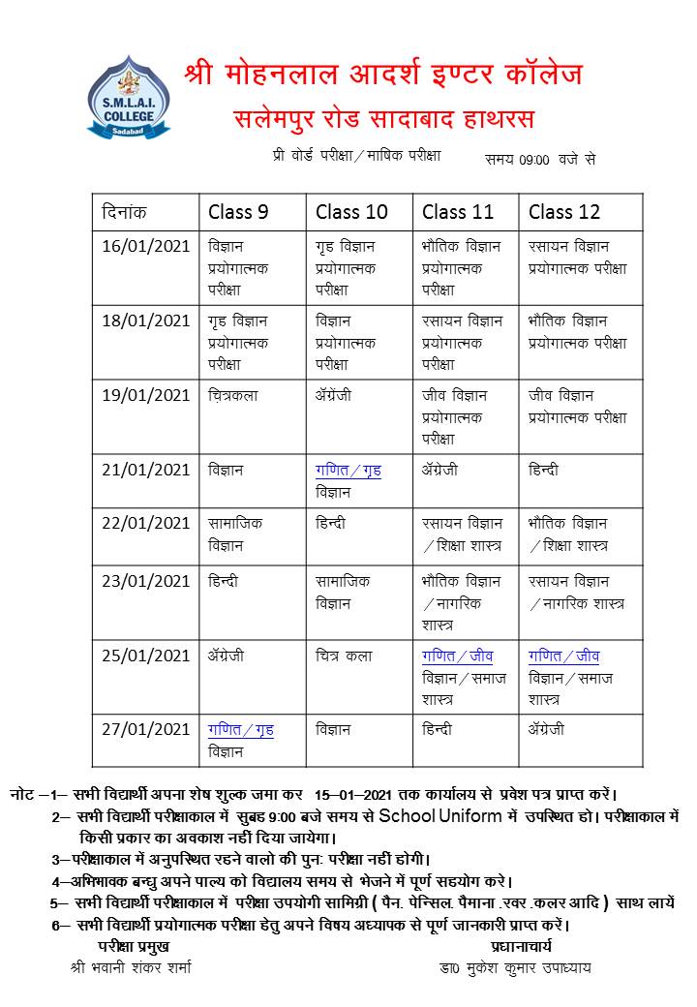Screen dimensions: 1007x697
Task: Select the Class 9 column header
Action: click(238, 212)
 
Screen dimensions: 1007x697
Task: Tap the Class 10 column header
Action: click(350, 212)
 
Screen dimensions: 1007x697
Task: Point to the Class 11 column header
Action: click(458, 212)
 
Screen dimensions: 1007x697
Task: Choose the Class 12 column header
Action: click(564, 212)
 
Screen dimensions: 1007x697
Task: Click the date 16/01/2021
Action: click(146, 246)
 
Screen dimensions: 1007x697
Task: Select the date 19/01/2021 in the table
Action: click(146, 395)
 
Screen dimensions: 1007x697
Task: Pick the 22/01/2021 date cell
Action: click(146, 523)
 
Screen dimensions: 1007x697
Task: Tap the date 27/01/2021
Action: click(146, 730)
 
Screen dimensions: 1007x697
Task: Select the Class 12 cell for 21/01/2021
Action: click(543, 471)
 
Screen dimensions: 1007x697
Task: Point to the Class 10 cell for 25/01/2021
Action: click(344, 656)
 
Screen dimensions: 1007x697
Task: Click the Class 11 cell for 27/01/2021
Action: click(437, 730)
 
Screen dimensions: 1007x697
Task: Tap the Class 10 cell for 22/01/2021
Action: click(331, 523)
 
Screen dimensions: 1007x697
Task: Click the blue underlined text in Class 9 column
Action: click(241, 730)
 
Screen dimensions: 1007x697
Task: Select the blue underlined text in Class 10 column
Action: click(348, 471)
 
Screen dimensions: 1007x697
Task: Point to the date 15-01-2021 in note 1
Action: click(354, 794)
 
